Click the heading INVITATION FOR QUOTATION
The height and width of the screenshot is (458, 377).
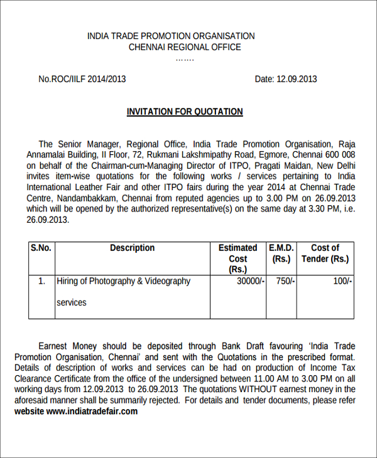(x=185, y=112)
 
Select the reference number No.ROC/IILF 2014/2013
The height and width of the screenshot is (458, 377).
(x=82, y=79)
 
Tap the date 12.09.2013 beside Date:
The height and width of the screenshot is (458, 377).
(x=297, y=79)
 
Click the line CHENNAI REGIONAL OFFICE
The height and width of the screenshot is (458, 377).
(x=185, y=47)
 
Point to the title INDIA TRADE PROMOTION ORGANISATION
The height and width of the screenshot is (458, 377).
(x=171, y=36)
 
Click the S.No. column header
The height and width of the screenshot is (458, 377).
(x=41, y=248)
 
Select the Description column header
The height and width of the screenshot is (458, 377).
(x=132, y=248)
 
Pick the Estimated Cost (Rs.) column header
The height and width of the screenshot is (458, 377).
(x=238, y=258)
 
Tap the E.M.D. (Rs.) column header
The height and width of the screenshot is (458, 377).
(x=281, y=253)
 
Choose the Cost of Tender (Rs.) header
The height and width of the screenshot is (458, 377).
(x=325, y=253)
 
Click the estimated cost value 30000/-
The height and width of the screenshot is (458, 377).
(x=250, y=281)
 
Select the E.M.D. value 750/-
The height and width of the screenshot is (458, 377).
(x=284, y=281)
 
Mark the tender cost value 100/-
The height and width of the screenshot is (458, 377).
(x=342, y=281)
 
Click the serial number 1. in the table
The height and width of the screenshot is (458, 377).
(x=41, y=281)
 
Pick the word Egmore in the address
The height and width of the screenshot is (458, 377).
(x=272, y=154)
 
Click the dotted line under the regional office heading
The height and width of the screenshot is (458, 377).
(x=185, y=59)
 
